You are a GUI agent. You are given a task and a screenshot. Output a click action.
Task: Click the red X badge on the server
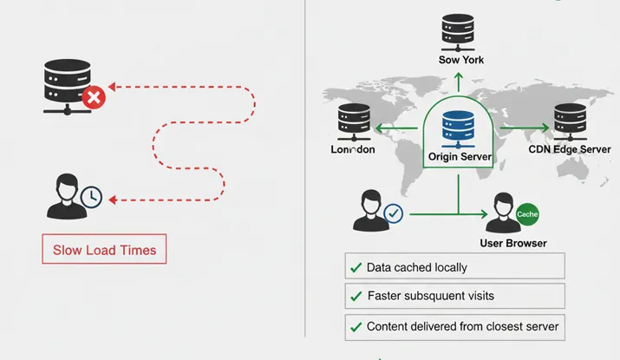(94, 98)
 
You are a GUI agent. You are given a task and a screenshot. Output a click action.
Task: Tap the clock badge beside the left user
(91, 198)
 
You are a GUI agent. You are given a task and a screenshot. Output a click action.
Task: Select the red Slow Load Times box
(104, 250)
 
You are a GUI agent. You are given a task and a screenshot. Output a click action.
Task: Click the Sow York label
(460, 60)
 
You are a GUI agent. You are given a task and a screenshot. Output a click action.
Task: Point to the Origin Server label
(460, 158)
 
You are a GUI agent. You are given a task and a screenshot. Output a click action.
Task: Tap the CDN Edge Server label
(569, 150)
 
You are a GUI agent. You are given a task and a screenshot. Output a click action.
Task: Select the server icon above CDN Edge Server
(570, 120)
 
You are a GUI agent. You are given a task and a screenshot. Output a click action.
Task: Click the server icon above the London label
(354, 122)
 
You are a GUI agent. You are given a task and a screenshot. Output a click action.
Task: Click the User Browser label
(513, 243)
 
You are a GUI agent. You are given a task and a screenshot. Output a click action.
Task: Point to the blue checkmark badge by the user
(393, 213)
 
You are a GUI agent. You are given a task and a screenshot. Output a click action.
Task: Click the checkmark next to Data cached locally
(356, 267)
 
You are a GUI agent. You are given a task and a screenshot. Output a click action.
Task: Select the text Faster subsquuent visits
(431, 296)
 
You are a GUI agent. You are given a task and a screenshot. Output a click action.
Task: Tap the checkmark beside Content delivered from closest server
(356, 327)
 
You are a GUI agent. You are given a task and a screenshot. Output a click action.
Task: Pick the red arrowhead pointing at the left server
(118, 86)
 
